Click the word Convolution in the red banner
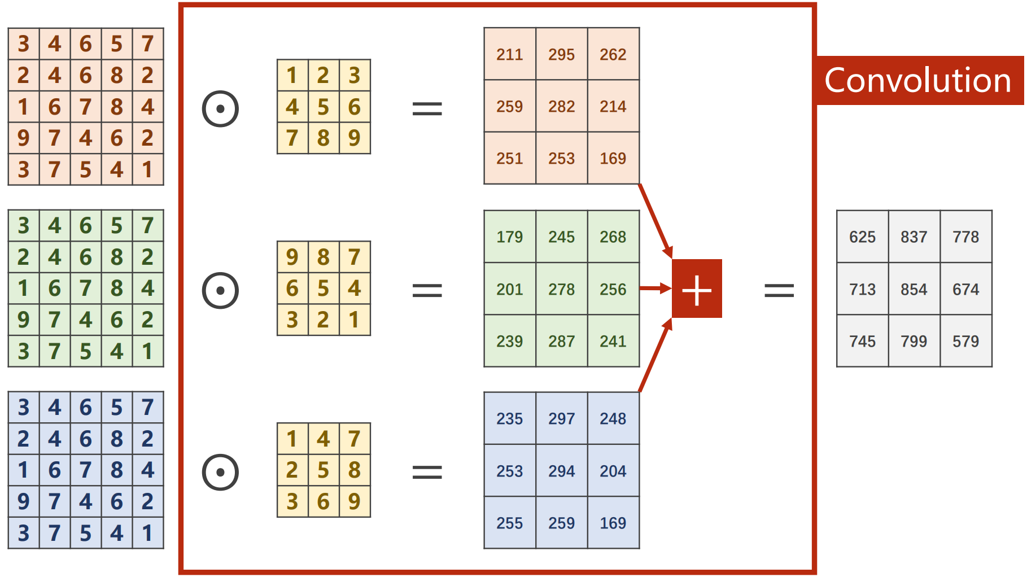coord(917,80)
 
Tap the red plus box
coord(697,289)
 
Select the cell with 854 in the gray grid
coord(914,289)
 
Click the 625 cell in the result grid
coord(862,237)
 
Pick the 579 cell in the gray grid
coord(965,341)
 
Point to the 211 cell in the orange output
coord(509,54)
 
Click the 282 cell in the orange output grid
coord(561,106)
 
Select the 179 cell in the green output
coord(509,237)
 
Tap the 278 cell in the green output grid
coord(561,289)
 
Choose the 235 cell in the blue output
coord(509,418)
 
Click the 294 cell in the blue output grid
coord(561,471)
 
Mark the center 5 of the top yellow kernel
coord(323,107)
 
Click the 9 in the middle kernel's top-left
coord(292,257)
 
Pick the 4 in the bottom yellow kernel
coord(323,439)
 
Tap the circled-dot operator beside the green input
coord(220,290)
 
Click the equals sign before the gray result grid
coord(779,290)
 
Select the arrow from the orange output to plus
coord(655,220)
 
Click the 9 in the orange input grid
coord(23,138)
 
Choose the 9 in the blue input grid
coord(23,501)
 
